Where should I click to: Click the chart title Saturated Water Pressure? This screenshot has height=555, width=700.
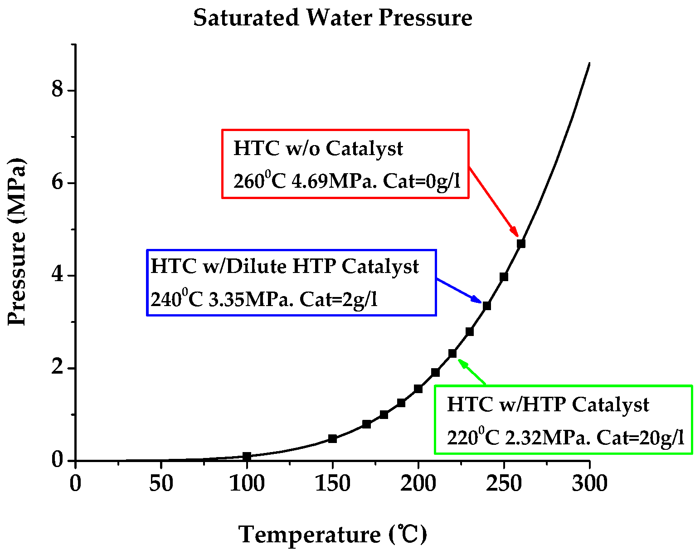click(x=333, y=18)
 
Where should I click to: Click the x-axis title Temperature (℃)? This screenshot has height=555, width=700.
click(x=332, y=534)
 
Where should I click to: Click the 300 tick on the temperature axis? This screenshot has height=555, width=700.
click(x=589, y=483)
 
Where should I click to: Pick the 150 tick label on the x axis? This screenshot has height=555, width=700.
click(x=332, y=483)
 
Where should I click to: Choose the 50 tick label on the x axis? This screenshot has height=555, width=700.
click(x=161, y=483)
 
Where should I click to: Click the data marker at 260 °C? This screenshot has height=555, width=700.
click(x=521, y=243)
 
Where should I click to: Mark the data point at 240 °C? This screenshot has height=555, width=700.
click(x=486, y=306)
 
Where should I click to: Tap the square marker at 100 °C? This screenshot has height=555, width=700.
click(x=247, y=456)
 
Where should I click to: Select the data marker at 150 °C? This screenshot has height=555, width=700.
click(x=332, y=438)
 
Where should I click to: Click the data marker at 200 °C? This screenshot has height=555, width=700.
click(x=418, y=389)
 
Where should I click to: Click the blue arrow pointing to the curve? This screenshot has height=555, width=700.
click(x=459, y=290)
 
